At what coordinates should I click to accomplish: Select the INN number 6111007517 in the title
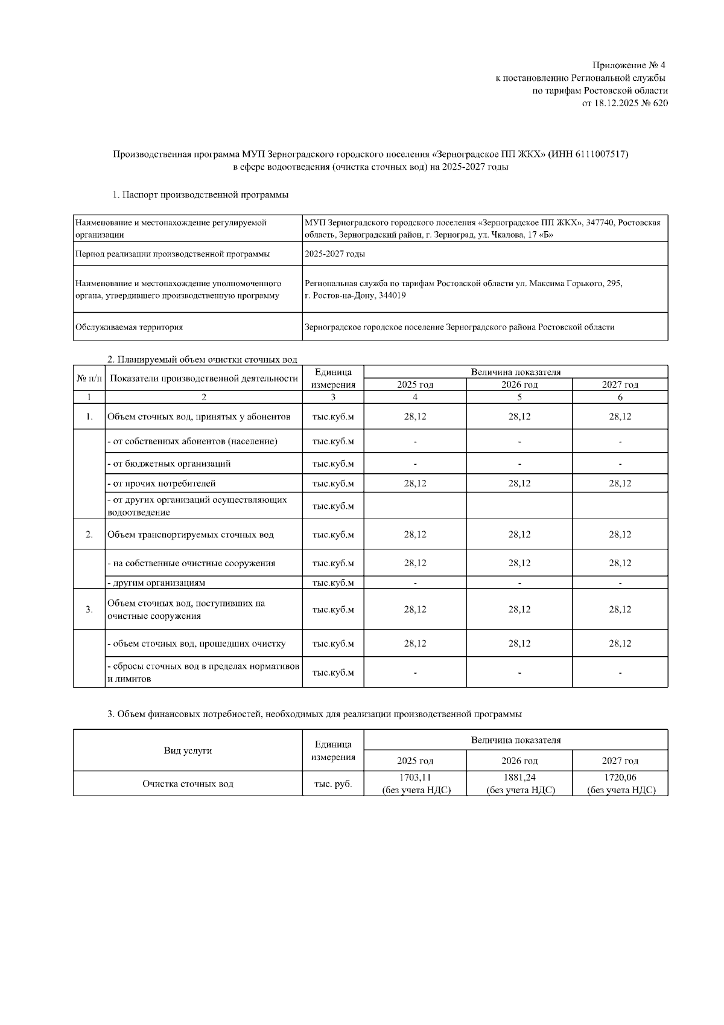pyautogui.click(x=596, y=155)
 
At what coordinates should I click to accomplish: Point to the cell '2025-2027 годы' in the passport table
pyautogui.click(x=335, y=254)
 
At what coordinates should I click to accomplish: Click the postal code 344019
pyautogui.click(x=390, y=296)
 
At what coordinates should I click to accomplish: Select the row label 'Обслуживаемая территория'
pyautogui.click(x=129, y=327)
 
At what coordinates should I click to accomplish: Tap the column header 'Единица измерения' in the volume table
pyautogui.click(x=333, y=378)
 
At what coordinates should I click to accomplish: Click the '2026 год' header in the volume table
pyautogui.click(x=519, y=385)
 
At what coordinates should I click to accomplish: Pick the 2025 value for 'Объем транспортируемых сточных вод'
pyautogui.click(x=415, y=535)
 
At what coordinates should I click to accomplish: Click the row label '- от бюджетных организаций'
pyautogui.click(x=169, y=464)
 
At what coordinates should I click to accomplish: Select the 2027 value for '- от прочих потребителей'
pyautogui.click(x=620, y=484)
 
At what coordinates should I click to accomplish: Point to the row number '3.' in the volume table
pyautogui.click(x=89, y=610)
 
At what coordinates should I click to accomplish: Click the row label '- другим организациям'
pyautogui.click(x=156, y=583)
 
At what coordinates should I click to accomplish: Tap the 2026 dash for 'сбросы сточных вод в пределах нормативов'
pyautogui.click(x=519, y=673)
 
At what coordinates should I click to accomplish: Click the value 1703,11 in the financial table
pyautogui.click(x=415, y=778)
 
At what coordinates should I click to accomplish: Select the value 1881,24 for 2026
pyautogui.click(x=519, y=778)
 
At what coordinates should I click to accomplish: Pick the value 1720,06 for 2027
pyautogui.click(x=620, y=778)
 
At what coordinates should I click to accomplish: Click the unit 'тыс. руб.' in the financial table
pyautogui.click(x=333, y=784)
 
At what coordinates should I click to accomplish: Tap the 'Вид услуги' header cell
pyautogui.click(x=188, y=750)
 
